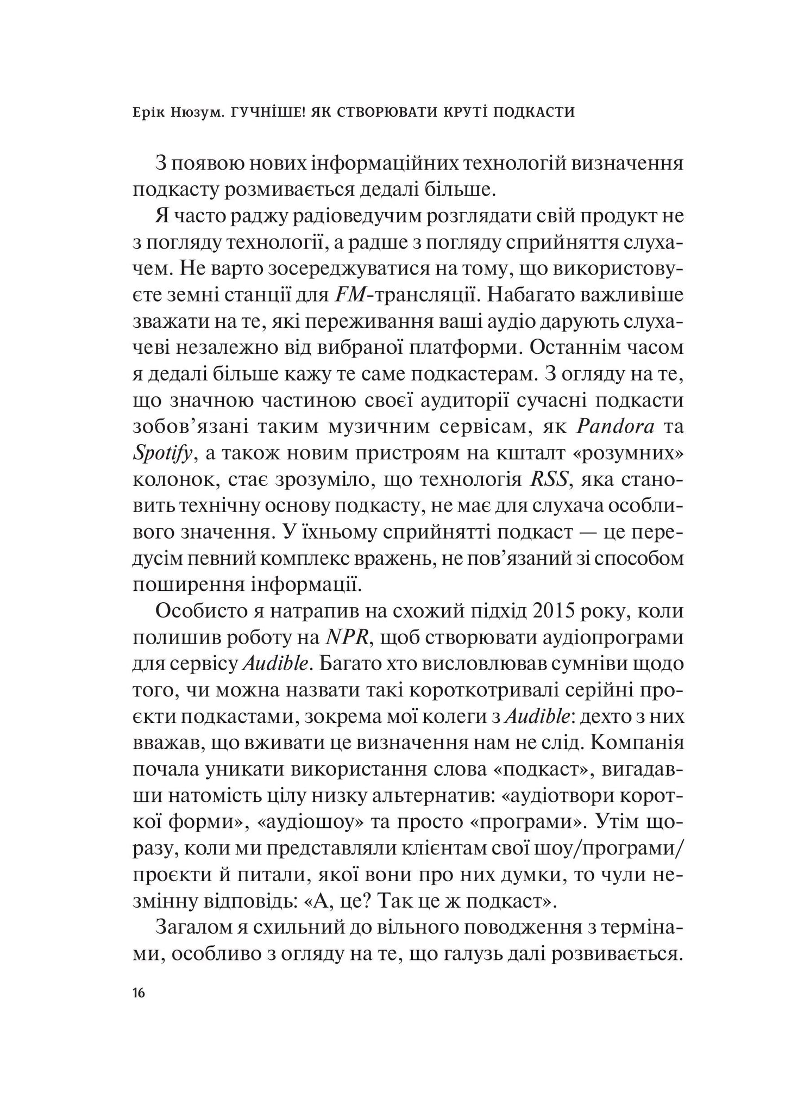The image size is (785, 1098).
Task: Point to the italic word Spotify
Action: [162, 453]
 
